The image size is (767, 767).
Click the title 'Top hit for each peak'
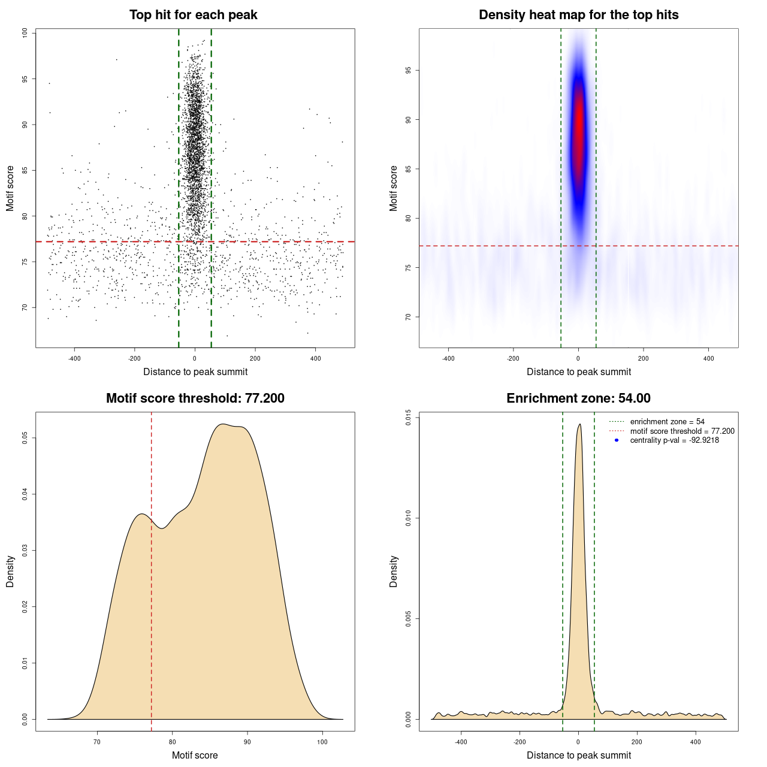(193, 15)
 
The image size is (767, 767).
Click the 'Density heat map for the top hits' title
(578, 15)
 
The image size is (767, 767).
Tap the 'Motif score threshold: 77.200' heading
(195, 398)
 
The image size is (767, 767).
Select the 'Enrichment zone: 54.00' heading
(578, 398)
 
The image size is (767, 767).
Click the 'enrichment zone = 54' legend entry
(667, 422)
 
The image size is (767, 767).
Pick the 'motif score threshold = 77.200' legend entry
(682, 431)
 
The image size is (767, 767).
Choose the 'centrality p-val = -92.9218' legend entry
(674, 440)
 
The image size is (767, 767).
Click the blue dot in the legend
(617, 440)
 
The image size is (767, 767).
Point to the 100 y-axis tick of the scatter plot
(25, 33)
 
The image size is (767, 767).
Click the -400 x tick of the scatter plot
(74, 358)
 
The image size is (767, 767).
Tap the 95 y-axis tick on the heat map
(409, 71)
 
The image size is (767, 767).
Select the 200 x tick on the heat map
(643, 358)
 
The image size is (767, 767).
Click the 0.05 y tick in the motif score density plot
(25, 438)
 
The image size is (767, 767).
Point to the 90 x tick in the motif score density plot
(247, 742)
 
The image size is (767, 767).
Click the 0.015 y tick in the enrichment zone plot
(409, 418)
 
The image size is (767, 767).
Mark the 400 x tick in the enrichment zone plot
(696, 742)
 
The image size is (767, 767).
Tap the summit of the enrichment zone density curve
(579, 425)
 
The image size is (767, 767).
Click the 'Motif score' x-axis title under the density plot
(195, 755)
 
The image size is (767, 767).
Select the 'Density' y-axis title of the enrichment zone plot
(394, 571)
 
